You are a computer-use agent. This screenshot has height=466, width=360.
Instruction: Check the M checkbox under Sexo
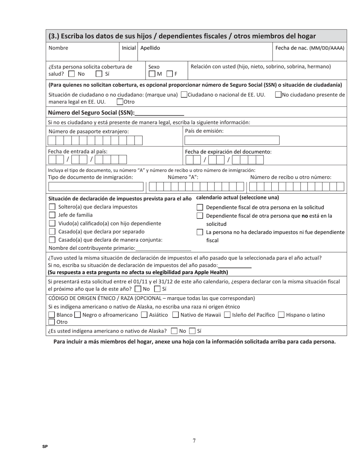(152, 74)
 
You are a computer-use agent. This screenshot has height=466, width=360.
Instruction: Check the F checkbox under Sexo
(170, 74)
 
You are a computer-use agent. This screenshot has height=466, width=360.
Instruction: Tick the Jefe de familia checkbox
(52, 215)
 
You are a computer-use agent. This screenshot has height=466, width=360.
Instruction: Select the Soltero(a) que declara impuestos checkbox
(52, 207)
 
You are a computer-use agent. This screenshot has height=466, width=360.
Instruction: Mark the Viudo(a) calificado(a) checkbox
(52, 224)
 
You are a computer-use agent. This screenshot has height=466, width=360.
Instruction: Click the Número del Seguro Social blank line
(159, 113)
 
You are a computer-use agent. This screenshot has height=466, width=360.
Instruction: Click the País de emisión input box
(232, 140)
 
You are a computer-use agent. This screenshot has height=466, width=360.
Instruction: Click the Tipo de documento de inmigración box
(96, 186)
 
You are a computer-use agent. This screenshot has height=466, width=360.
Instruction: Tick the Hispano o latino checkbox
(281, 315)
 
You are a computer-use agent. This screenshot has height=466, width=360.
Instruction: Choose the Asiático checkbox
(144, 315)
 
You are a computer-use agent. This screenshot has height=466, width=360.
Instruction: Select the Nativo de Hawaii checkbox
(175, 315)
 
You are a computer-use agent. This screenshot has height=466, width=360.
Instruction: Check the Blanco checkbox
(52, 315)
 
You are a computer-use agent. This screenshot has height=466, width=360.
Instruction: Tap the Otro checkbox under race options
(52, 322)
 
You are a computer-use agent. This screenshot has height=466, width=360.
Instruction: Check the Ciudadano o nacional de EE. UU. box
(184, 95)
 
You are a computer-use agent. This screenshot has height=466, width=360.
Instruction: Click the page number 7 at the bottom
(194, 441)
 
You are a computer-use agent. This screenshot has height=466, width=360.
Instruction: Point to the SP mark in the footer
(45, 447)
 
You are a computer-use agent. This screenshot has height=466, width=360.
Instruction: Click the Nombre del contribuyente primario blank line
(163, 248)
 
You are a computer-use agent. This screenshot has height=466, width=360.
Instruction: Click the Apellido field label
(150, 48)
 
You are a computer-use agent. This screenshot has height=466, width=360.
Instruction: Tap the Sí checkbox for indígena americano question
(193, 331)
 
